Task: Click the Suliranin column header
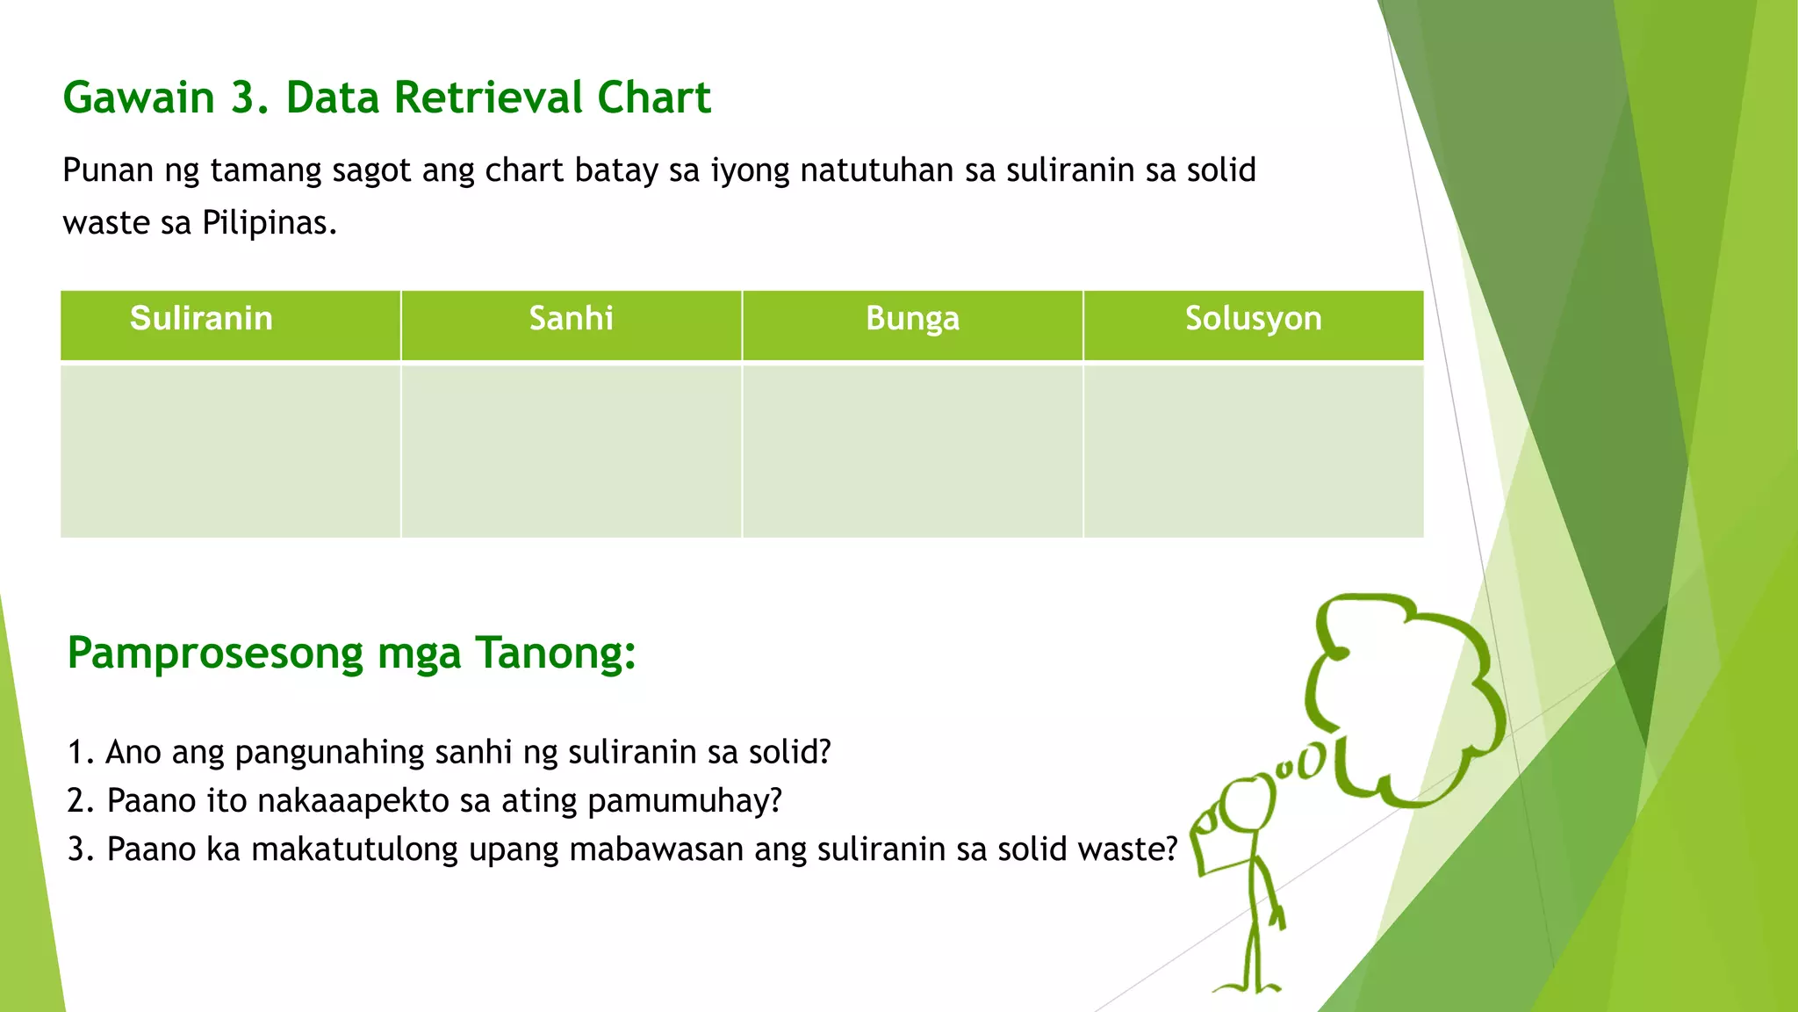pyautogui.click(x=201, y=319)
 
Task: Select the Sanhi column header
pyautogui.click(x=571, y=319)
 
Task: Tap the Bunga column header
pyautogui.click(x=912, y=319)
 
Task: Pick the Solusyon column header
pyautogui.click(x=1253, y=319)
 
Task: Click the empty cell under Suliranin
pyautogui.click(x=230, y=450)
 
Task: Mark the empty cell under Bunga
pyautogui.click(x=912, y=450)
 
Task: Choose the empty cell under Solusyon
pyautogui.click(x=1253, y=450)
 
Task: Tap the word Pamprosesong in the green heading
pyautogui.click(x=215, y=654)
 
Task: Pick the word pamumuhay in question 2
pyautogui.click(x=684, y=802)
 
